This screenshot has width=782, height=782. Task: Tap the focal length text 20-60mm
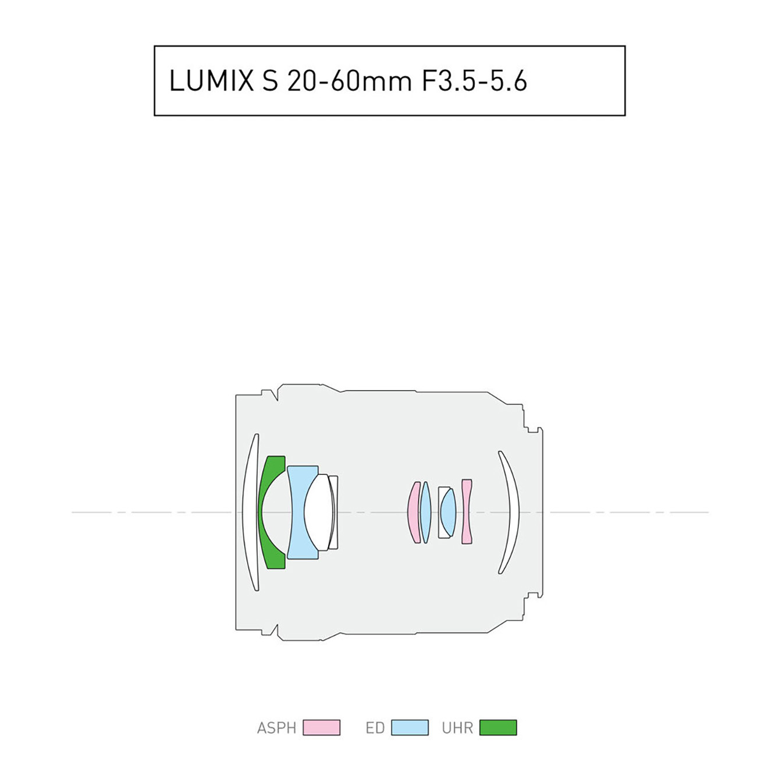350,81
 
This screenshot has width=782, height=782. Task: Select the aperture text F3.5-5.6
475,81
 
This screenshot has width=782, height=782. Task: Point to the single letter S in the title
271,81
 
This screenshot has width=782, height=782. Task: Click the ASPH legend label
276,728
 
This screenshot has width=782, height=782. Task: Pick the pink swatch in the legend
321,728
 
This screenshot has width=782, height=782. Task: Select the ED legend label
375,728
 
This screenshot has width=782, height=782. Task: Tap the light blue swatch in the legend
410,728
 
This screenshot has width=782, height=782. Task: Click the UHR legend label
457,728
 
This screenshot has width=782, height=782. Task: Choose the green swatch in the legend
498,728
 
